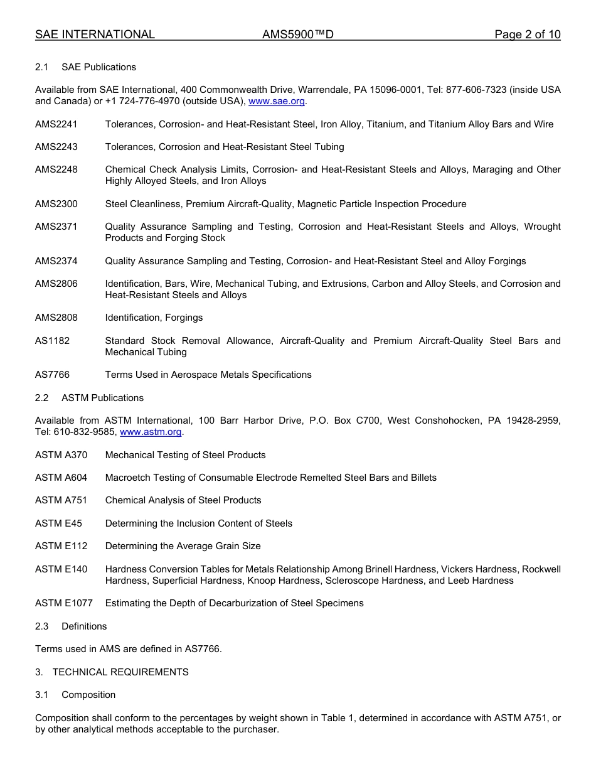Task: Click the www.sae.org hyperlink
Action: [x=277, y=101]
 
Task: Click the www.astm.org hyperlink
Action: [x=151, y=432]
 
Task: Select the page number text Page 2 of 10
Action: [x=527, y=35]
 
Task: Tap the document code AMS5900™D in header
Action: [x=297, y=35]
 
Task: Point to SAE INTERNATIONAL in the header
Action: [x=95, y=35]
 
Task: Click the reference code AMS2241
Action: [x=56, y=124]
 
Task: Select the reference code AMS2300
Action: [x=56, y=204]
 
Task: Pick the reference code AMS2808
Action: [x=56, y=318]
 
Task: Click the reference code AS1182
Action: [x=52, y=341]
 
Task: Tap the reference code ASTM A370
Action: [x=61, y=455]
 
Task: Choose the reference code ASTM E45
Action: [x=58, y=523]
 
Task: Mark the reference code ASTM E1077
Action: [x=64, y=603]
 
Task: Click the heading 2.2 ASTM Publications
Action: [x=89, y=398]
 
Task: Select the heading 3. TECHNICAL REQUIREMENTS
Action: [x=112, y=672]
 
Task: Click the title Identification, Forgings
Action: [x=154, y=318]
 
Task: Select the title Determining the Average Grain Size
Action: [x=183, y=546]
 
